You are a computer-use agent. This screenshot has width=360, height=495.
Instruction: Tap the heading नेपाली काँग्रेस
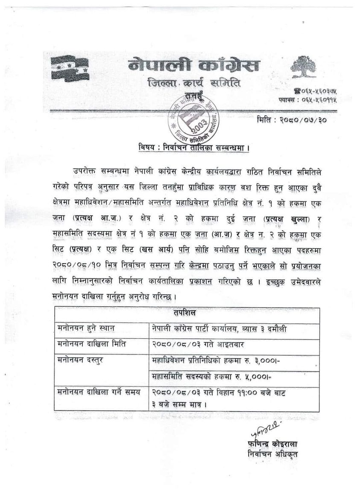point(193,66)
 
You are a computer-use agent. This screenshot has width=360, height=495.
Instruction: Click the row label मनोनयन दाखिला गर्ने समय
point(98,392)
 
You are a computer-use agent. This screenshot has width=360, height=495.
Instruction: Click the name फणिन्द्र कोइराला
point(272,443)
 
